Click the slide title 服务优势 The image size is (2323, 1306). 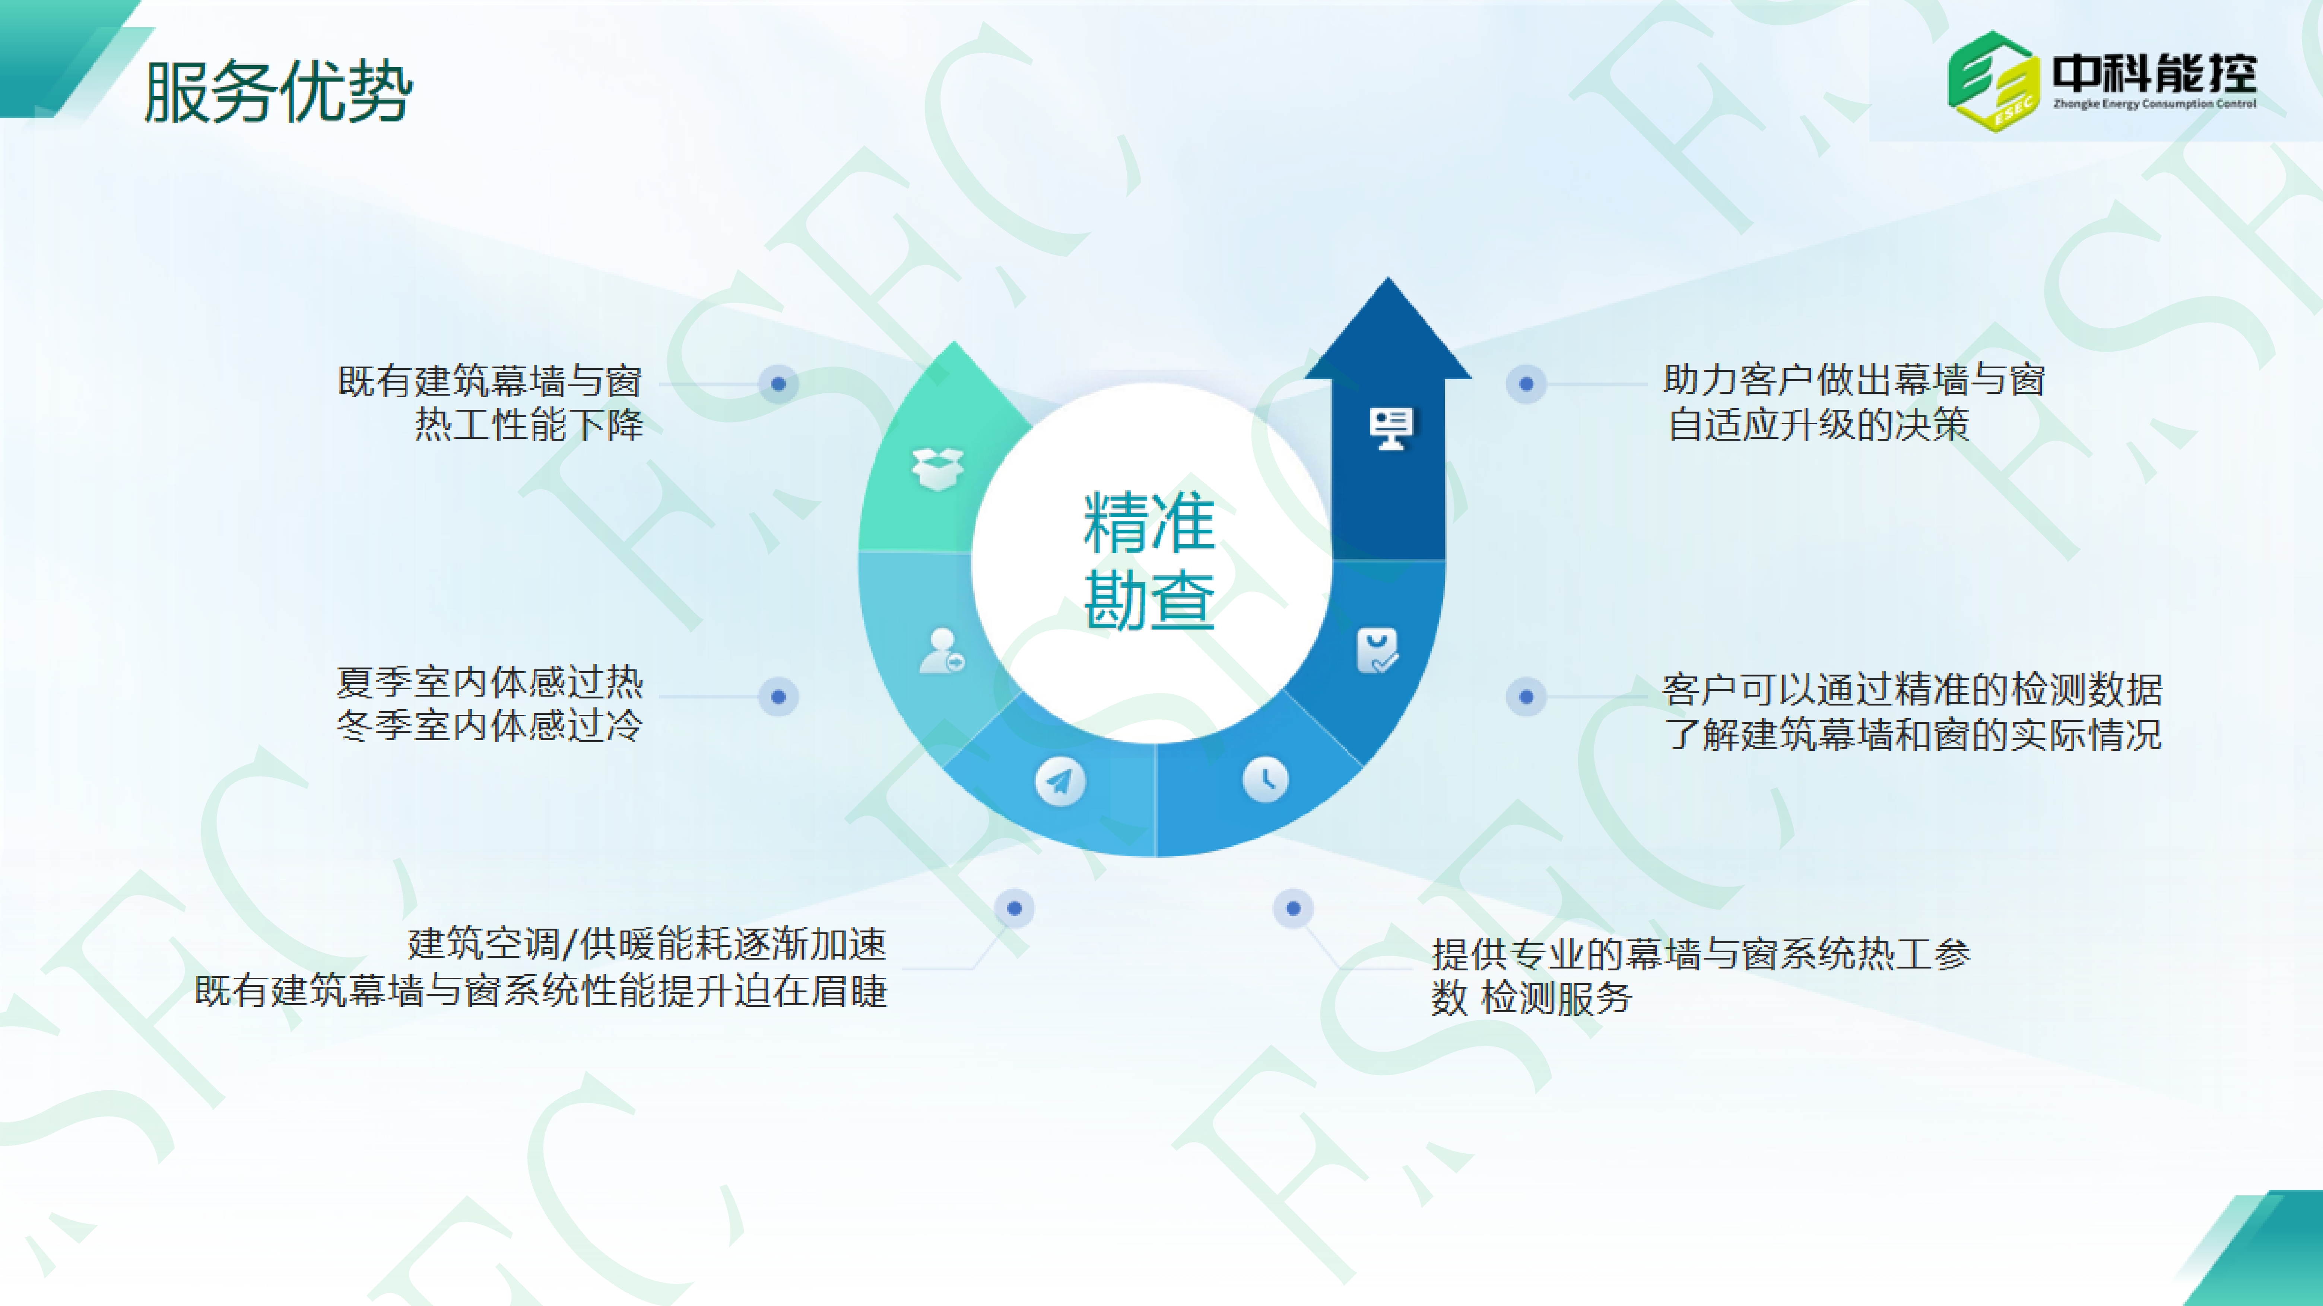coord(278,91)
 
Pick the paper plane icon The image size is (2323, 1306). coord(1060,781)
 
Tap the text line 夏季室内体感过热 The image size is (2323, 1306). coord(490,683)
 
